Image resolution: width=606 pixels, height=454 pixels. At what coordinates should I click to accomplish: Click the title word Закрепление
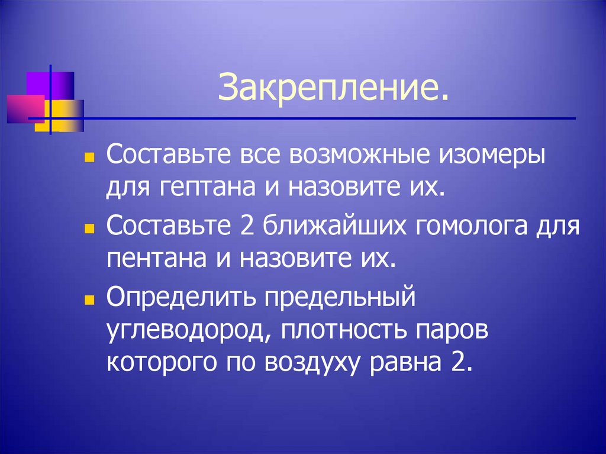[331, 89]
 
